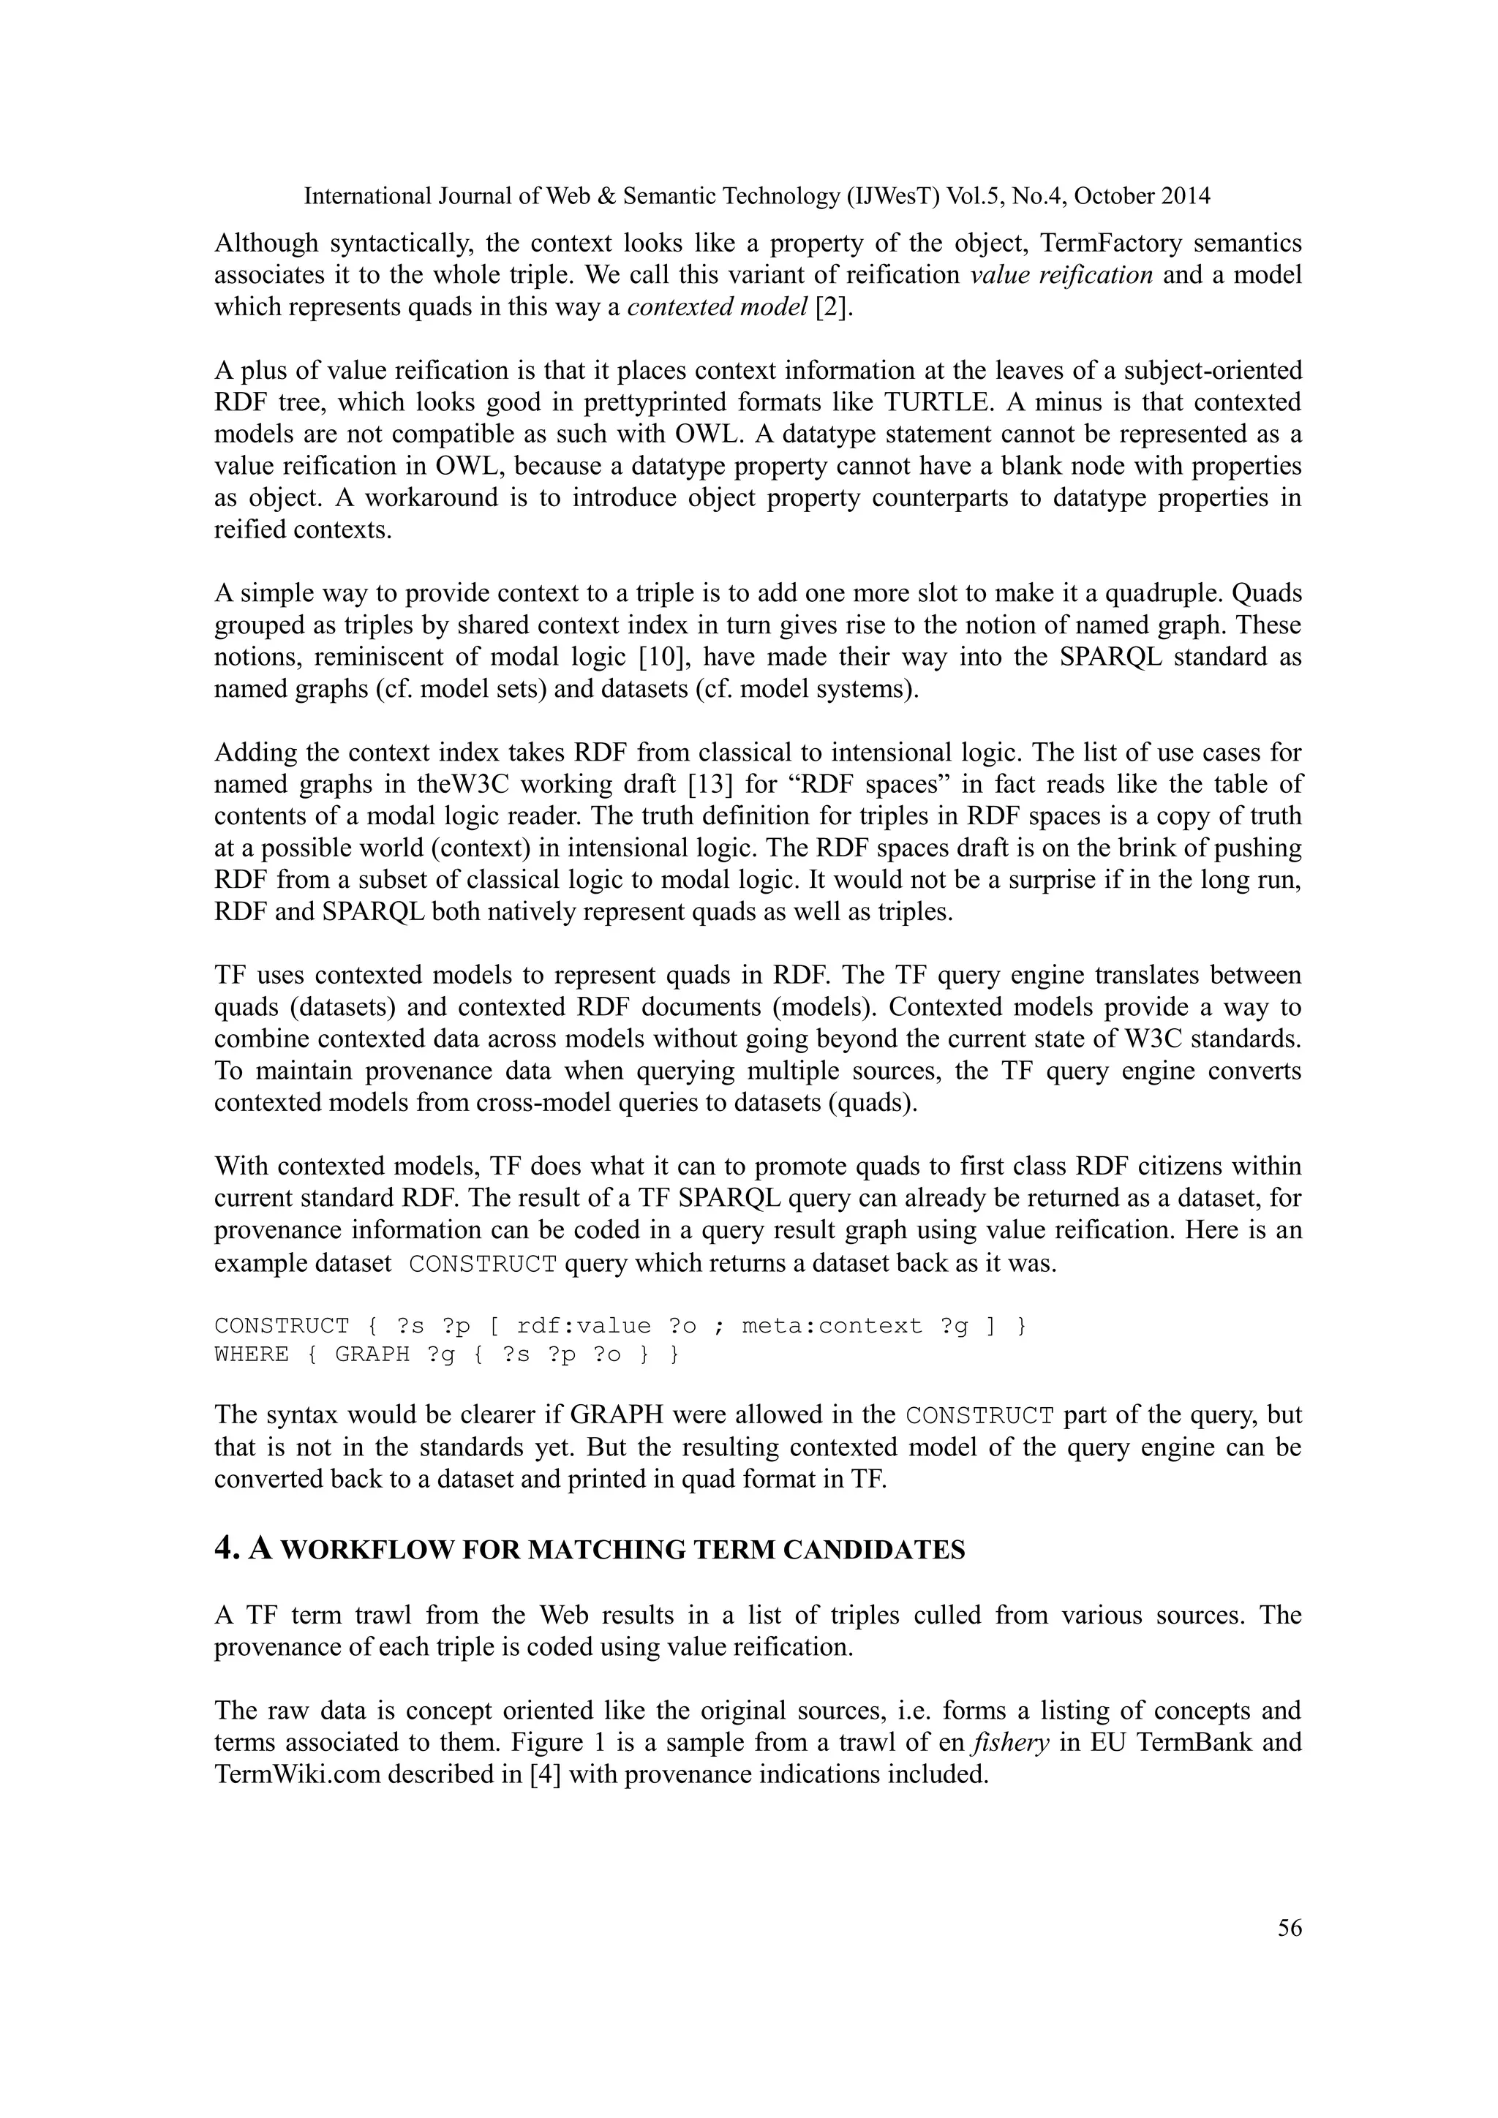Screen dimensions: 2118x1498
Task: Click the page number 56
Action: click(1290, 1928)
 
